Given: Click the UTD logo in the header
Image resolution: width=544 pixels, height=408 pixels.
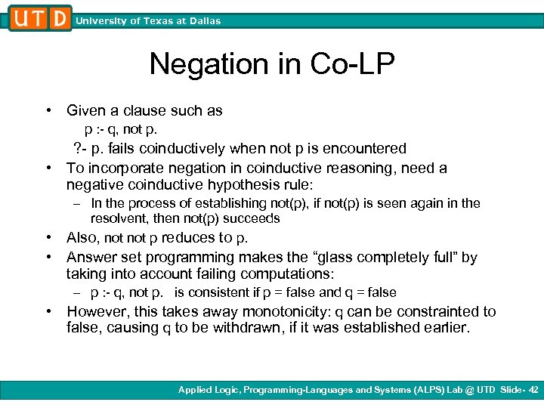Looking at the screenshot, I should click(x=40, y=17).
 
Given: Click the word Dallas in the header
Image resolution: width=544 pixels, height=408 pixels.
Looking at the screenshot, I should click(x=205, y=21).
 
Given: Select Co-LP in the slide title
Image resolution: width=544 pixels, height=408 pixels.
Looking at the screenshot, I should click(x=353, y=65).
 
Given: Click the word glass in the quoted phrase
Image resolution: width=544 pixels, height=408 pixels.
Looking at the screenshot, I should click(x=316, y=258).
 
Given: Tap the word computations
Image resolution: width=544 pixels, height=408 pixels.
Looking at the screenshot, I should click(x=289, y=274).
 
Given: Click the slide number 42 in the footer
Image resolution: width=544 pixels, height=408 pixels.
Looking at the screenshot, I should click(x=534, y=390).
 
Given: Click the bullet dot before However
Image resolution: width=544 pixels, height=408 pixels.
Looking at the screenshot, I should click(x=49, y=311).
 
